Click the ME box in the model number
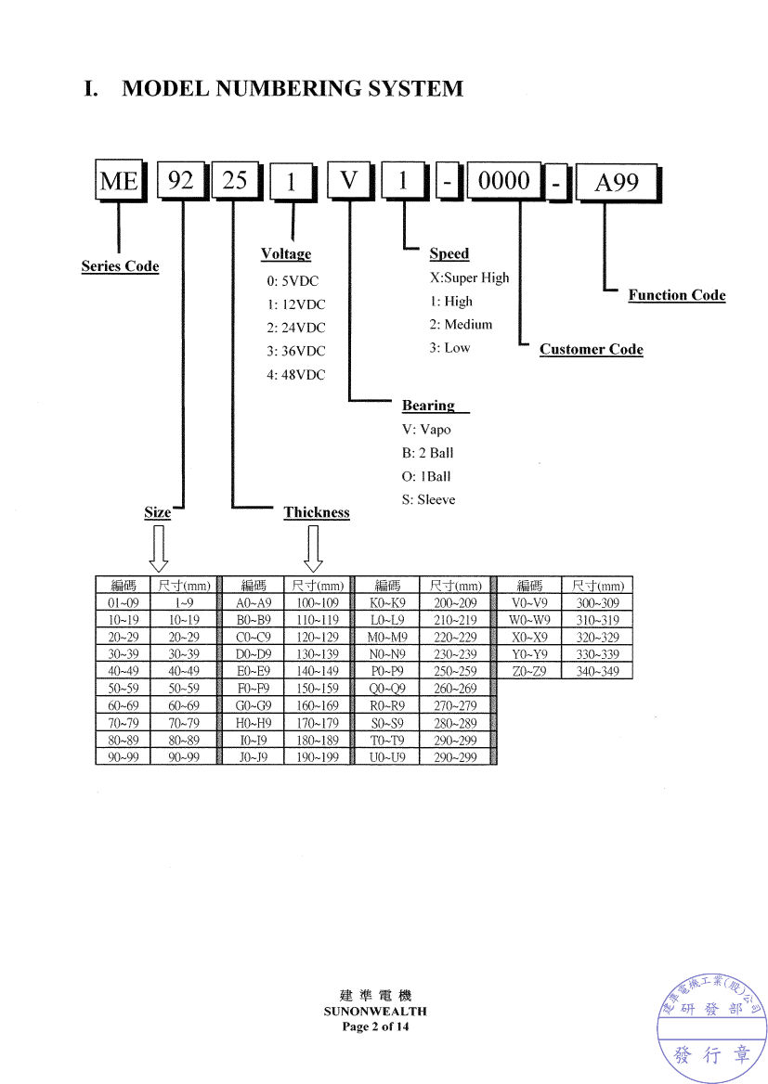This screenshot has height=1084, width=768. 121,181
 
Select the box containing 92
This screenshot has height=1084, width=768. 183,180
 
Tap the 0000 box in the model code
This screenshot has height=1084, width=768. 505,182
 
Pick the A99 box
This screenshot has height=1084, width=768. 618,183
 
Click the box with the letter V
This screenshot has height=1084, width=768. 351,181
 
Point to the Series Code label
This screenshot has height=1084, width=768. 120,266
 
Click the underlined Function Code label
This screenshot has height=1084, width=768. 677,295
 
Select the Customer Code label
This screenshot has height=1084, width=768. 591,349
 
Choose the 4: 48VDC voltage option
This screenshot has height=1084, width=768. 296,375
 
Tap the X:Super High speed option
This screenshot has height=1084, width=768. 469,277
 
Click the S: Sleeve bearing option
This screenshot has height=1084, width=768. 428,499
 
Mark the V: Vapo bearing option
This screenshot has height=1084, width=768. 426,430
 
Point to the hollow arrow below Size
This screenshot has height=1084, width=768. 159,548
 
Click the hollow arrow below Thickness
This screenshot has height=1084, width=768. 314,548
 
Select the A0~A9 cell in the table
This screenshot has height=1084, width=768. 254,603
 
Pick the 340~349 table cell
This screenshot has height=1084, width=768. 597,671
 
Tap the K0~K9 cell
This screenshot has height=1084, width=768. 387,603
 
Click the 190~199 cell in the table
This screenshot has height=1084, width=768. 318,757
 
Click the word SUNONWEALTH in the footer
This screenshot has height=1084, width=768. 375,1011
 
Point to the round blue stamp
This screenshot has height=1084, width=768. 711,1027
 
